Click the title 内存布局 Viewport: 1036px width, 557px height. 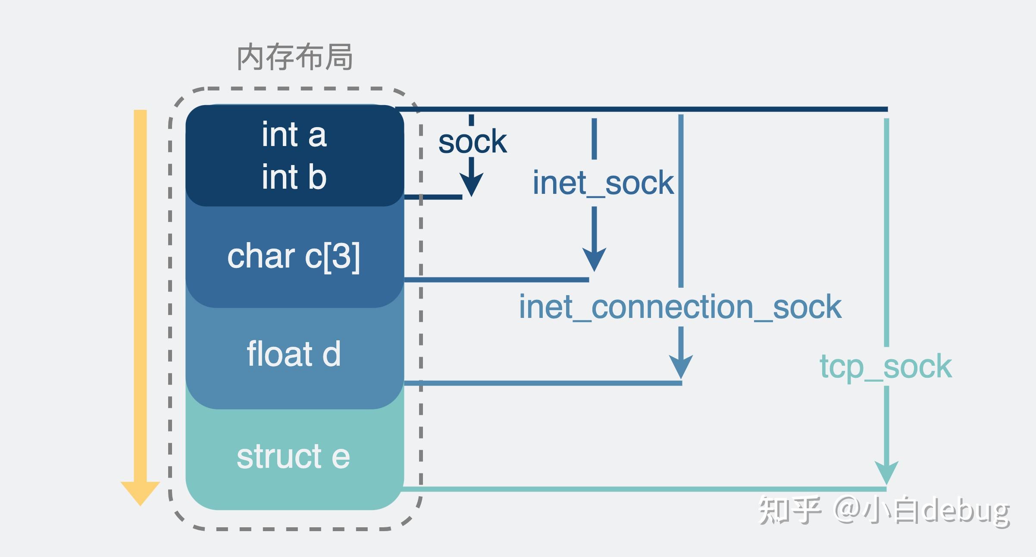[295, 57]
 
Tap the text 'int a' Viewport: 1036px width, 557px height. [294, 134]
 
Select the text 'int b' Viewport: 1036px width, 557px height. [294, 177]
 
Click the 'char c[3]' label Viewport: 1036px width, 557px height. [294, 256]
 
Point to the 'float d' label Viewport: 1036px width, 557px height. [294, 354]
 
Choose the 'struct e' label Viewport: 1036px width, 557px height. [293, 456]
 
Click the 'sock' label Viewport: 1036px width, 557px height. [472, 142]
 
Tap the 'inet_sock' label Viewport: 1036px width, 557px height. [603, 183]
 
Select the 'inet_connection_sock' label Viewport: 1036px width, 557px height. [680, 307]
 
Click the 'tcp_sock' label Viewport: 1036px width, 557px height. [886, 366]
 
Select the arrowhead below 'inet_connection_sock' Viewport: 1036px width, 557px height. [681, 366]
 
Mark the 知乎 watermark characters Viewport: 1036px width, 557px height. [789, 511]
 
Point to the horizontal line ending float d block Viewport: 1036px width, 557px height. [543, 383]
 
